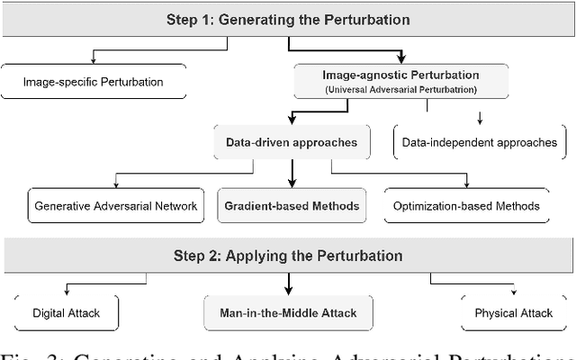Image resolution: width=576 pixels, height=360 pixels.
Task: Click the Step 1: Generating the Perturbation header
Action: [x=288, y=18]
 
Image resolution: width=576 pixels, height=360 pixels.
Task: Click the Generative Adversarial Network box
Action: [x=116, y=205]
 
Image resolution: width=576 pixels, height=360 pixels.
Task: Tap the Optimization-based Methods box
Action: [x=466, y=205]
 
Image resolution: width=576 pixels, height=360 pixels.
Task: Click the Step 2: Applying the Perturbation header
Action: [x=288, y=255]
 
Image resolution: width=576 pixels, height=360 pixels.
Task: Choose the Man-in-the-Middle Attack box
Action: [x=289, y=312]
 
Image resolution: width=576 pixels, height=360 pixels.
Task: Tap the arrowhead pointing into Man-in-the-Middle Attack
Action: [x=289, y=292]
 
